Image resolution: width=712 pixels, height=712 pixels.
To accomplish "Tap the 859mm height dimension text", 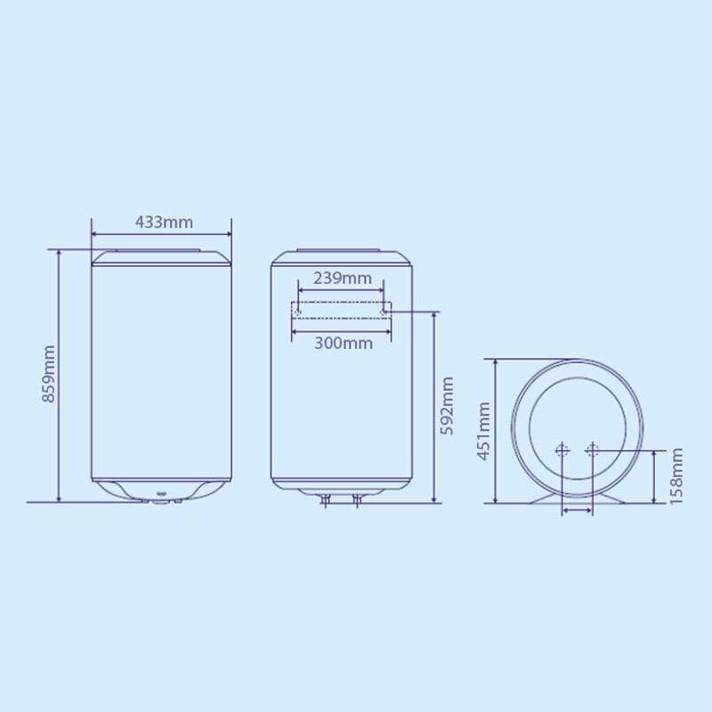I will [x=50, y=374].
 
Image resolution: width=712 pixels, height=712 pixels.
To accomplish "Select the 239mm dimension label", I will [x=342, y=278].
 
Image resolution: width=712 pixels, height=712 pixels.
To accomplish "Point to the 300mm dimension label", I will [x=343, y=344].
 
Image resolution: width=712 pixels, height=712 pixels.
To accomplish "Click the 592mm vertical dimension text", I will [x=448, y=406].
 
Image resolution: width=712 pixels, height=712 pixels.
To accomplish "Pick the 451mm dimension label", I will [x=483, y=431].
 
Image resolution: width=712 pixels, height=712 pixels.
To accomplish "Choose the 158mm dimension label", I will [x=676, y=476].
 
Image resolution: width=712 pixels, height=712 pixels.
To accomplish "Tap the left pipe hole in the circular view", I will [x=562, y=451].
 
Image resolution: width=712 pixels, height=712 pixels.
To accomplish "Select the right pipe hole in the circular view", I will [x=591, y=451].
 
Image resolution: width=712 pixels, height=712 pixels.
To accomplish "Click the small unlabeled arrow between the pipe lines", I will [x=577, y=512].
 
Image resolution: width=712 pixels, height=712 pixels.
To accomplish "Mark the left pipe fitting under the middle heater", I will [x=326, y=499].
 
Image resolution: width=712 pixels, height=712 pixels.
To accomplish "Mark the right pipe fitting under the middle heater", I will [x=357, y=499].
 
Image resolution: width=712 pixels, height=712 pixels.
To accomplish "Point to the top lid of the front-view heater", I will [x=161, y=258].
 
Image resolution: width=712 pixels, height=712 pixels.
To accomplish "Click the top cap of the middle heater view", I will [x=342, y=258].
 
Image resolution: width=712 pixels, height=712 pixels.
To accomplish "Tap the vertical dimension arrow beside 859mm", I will [x=59, y=375].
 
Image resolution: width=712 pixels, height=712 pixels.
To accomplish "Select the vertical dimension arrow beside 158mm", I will [x=657, y=476].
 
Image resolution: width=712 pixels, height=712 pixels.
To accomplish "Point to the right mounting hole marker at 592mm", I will [x=384, y=311].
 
